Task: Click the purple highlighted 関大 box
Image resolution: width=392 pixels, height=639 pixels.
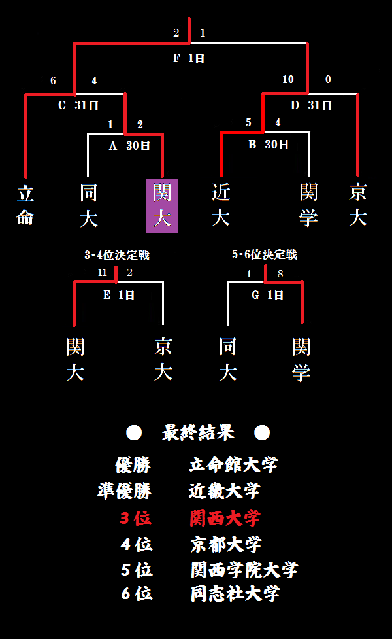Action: pyautogui.click(x=161, y=205)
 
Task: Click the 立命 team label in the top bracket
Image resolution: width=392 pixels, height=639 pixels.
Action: pyautogui.click(x=25, y=205)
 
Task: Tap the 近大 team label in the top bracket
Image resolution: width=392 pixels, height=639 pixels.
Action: pyautogui.click(x=221, y=205)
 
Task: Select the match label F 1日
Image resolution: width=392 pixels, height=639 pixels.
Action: pyautogui.click(x=189, y=58)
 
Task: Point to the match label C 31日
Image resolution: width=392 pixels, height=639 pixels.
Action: pyautogui.click(x=78, y=105)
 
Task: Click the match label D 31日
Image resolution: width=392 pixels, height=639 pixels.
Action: pyautogui.click(x=311, y=105)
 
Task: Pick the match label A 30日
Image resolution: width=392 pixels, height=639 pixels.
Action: pyautogui.click(x=129, y=146)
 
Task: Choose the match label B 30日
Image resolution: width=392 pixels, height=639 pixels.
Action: pyautogui.click(x=268, y=145)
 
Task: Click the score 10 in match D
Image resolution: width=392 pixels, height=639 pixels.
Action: pyautogui.click(x=288, y=80)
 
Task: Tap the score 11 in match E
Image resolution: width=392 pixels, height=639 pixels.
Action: pyautogui.click(x=103, y=273)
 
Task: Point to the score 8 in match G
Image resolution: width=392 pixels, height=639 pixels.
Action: pyautogui.click(x=280, y=274)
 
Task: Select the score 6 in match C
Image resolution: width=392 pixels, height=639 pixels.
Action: pyautogui.click(x=54, y=81)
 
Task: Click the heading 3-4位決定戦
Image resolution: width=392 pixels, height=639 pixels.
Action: pyautogui.click(x=117, y=255)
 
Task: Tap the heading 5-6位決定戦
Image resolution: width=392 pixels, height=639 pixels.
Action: pyautogui.click(x=265, y=254)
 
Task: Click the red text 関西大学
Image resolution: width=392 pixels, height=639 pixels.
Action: pyautogui.click(x=225, y=519)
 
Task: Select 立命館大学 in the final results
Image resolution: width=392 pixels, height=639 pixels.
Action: pyautogui.click(x=233, y=465)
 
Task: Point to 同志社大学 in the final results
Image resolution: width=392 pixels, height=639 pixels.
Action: pyautogui.click(x=235, y=593)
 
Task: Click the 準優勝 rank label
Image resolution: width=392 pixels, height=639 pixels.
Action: pyautogui.click(x=124, y=491)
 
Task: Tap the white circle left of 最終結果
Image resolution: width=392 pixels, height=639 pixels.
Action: pyautogui.click(x=134, y=432)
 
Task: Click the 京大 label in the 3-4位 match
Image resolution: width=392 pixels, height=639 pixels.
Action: pyautogui.click(x=163, y=360)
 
